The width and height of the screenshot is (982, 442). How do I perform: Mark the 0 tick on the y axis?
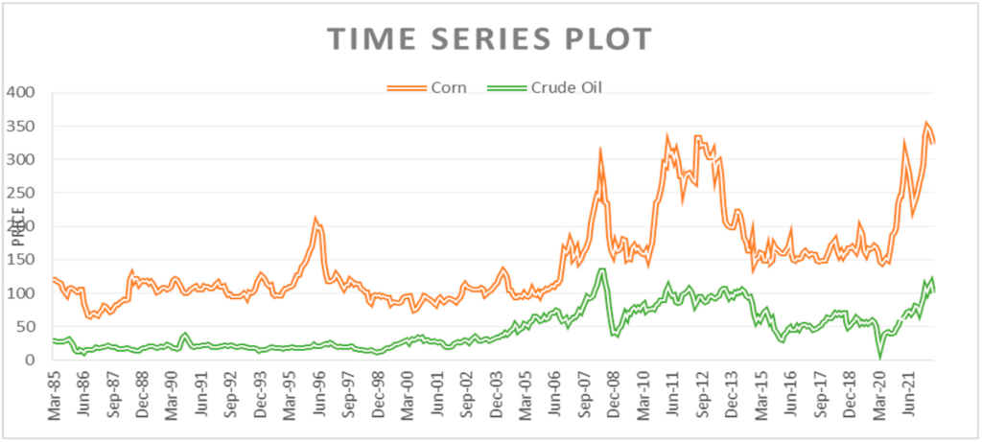click(x=32, y=361)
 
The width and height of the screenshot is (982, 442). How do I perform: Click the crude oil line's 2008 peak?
click(x=600, y=270)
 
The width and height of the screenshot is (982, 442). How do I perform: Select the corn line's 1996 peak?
click(x=316, y=220)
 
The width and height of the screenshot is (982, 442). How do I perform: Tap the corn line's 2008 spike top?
click(x=599, y=151)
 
